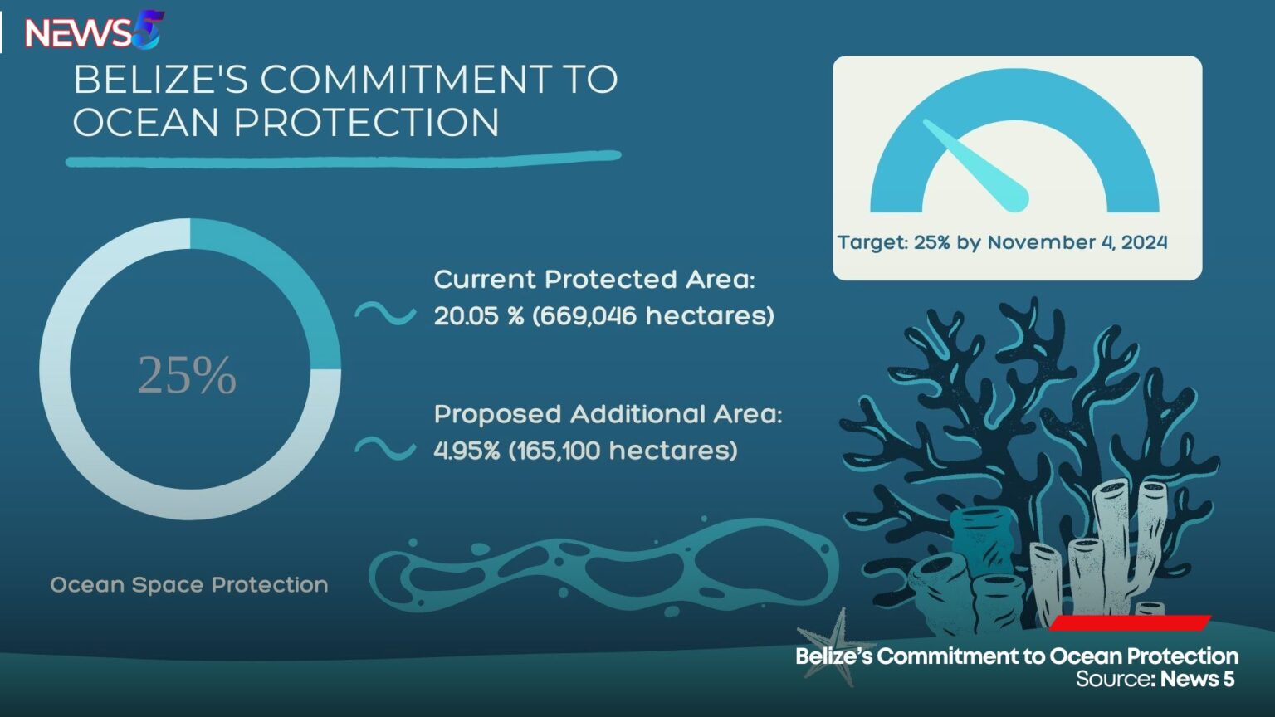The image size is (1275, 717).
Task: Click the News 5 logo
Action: pyautogui.click(x=93, y=32)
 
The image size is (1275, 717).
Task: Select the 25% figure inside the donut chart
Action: pyautogui.click(x=188, y=374)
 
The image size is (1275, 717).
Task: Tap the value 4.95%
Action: pyautogui.click(x=467, y=451)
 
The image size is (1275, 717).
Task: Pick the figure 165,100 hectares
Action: pyautogui.click(x=623, y=451)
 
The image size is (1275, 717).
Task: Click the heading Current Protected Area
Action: pyautogui.click(x=594, y=280)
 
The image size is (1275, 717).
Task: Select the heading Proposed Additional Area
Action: pyautogui.click(x=608, y=414)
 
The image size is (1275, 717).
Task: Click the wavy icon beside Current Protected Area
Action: pyautogui.click(x=385, y=314)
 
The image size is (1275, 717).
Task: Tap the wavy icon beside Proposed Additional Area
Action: pyautogui.click(x=385, y=448)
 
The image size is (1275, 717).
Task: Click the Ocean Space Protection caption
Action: pyautogui.click(x=189, y=585)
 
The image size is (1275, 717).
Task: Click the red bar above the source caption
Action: pyautogui.click(x=1130, y=623)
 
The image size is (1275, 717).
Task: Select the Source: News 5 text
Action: pyautogui.click(x=1155, y=680)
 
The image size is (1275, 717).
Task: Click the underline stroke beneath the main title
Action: pyautogui.click(x=343, y=158)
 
